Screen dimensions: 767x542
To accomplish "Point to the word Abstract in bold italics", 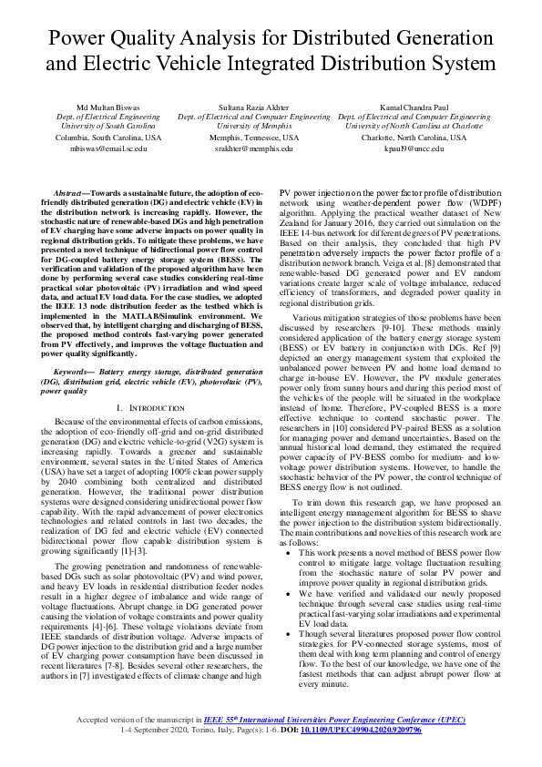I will coord(69,195).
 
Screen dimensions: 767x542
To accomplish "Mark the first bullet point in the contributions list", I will coord(289,552).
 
